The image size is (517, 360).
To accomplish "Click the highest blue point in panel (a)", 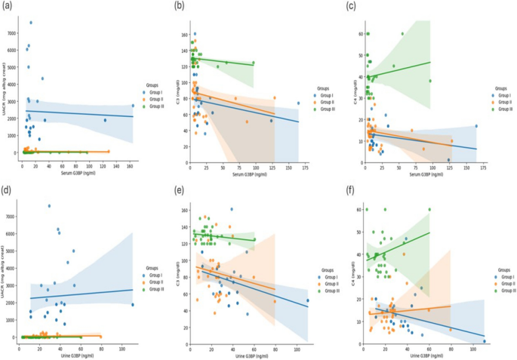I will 31,23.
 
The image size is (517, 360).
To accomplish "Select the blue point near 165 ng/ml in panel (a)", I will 133,106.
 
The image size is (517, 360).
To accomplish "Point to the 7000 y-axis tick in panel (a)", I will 11,34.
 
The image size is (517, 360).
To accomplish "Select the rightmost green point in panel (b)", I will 253,63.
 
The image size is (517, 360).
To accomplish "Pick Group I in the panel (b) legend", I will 326,96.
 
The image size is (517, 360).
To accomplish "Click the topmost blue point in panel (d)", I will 50,206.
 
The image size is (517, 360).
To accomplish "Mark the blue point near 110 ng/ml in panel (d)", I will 133,305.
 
